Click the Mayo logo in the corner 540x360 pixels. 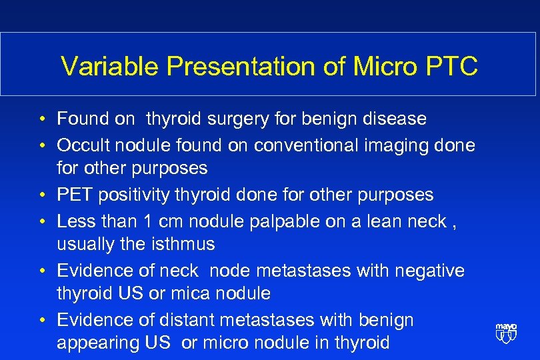point(506,333)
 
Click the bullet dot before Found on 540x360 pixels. point(41,120)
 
